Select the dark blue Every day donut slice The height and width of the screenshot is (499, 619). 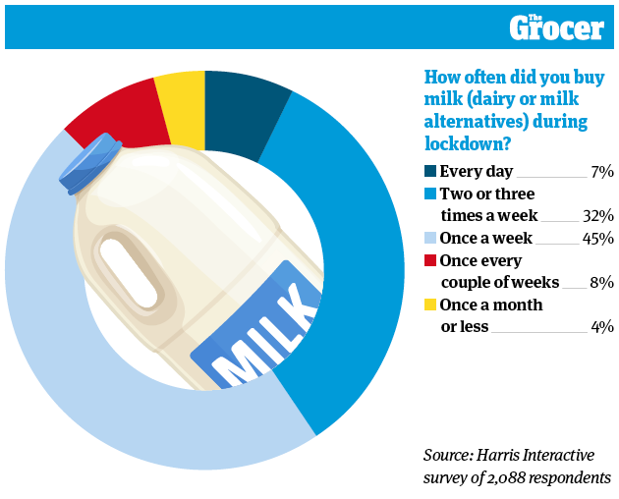click(x=245, y=111)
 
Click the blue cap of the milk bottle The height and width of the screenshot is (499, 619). click(x=89, y=162)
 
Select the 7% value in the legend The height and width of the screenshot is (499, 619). click(x=602, y=172)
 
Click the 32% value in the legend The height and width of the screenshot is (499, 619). click(x=597, y=215)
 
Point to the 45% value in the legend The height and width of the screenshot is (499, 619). click(x=597, y=239)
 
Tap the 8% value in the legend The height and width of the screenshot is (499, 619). click(x=601, y=282)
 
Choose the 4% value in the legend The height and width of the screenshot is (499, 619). click(x=601, y=326)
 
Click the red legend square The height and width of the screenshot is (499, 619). click(x=429, y=261)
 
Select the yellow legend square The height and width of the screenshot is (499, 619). click(x=429, y=305)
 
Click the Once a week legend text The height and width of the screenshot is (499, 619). click(x=485, y=238)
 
